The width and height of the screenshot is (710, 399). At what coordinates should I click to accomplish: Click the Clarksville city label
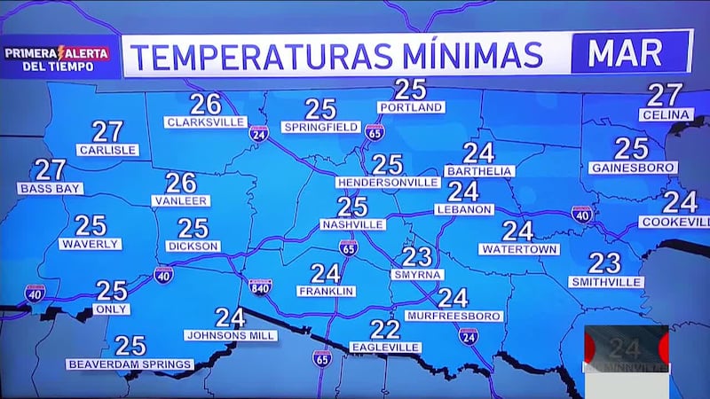[205, 122]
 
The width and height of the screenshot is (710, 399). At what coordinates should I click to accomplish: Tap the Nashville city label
[352, 224]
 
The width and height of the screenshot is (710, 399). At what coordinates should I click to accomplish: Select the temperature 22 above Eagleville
[385, 330]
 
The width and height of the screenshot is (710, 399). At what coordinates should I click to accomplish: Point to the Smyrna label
[416, 274]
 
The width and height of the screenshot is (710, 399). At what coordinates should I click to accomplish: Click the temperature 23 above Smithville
[604, 263]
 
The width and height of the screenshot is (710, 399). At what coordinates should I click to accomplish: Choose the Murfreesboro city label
[454, 316]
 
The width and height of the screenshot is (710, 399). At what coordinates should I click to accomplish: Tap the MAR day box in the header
[631, 54]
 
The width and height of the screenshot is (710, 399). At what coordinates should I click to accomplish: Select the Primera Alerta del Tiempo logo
[57, 59]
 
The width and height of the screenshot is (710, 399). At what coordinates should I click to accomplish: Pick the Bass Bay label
[51, 188]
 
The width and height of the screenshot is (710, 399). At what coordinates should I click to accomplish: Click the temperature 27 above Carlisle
[107, 132]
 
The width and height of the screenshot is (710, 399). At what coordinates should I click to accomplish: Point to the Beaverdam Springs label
[130, 364]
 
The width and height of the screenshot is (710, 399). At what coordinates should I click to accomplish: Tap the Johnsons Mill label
[231, 335]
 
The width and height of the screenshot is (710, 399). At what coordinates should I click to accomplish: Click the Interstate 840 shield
[260, 286]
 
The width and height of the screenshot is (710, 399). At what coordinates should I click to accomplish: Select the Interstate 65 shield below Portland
[375, 132]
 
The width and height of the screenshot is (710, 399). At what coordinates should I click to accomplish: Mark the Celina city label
[665, 114]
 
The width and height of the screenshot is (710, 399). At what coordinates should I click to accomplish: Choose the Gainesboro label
[632, 168]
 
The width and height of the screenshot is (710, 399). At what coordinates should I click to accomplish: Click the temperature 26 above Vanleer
[181, 183]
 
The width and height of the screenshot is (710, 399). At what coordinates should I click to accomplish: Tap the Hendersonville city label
[388, 182]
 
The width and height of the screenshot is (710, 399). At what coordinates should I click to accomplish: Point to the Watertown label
[519, 249]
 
